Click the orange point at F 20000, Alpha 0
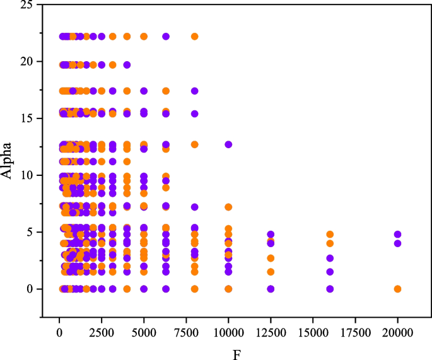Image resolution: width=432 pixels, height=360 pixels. pyautogui.click(x=397, y=289)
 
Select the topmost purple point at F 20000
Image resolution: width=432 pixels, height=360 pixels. pyautogui.click(x=397, y=234)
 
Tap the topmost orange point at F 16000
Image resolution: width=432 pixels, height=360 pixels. pyautogui.click(x=330, y=234)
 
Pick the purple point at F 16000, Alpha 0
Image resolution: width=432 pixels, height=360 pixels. pyautogui.click(x=330, y=289)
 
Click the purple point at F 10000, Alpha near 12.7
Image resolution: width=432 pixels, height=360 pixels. pyautogui.click(x=228, y=144)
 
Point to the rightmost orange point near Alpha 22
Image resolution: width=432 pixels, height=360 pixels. pyautogui.click(x=194, y=37)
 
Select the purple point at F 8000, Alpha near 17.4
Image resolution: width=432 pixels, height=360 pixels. pyautogui.click(x=194, y=91)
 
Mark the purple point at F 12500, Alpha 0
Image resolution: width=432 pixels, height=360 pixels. pyautogui.click(x=271, y=289)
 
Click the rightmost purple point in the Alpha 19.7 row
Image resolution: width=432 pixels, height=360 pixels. pyautogui.click(x=127, y=64)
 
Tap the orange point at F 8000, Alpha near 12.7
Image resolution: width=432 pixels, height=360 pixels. pyautogui.click(x=194, y=144)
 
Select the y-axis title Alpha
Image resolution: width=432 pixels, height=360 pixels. pyautogui.click(x=8, y=161)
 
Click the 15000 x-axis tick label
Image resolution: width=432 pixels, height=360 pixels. pyautogui.click(x=313, y=332)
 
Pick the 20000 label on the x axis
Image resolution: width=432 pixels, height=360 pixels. pyautogui.click(x=397, y=332)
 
